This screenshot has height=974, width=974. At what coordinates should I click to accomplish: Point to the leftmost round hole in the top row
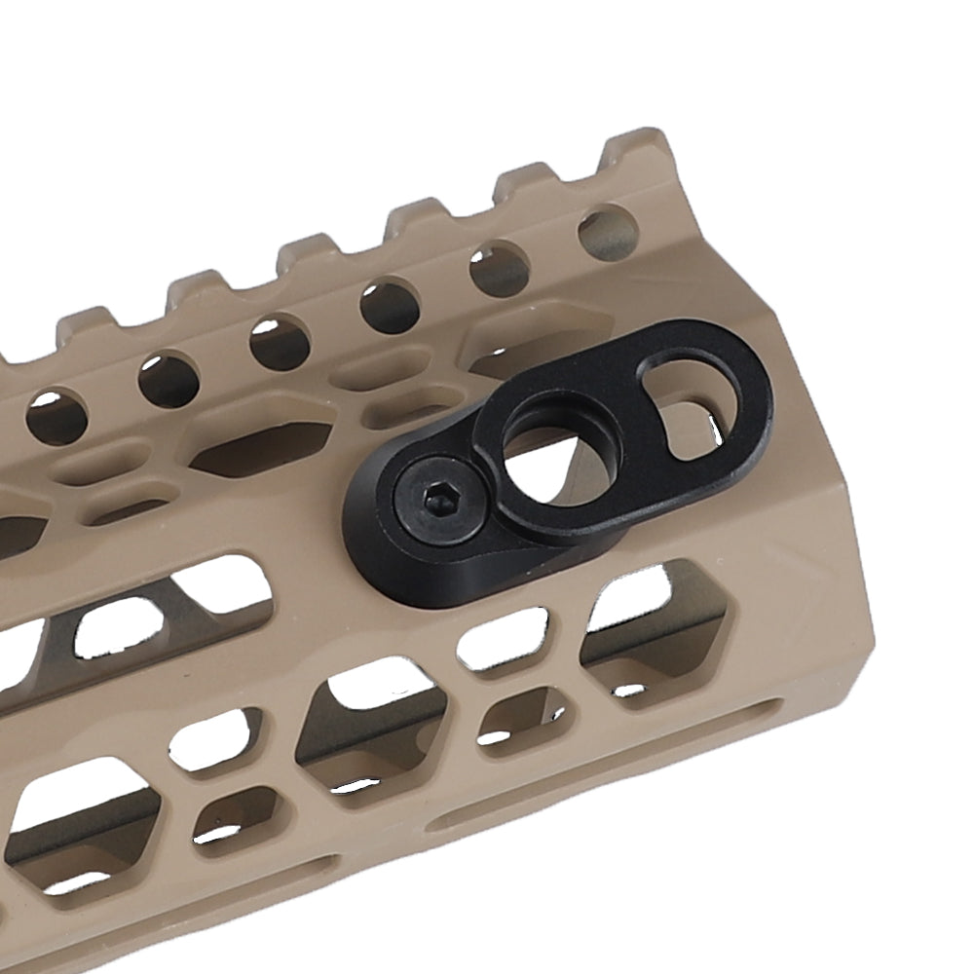point(54,417)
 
